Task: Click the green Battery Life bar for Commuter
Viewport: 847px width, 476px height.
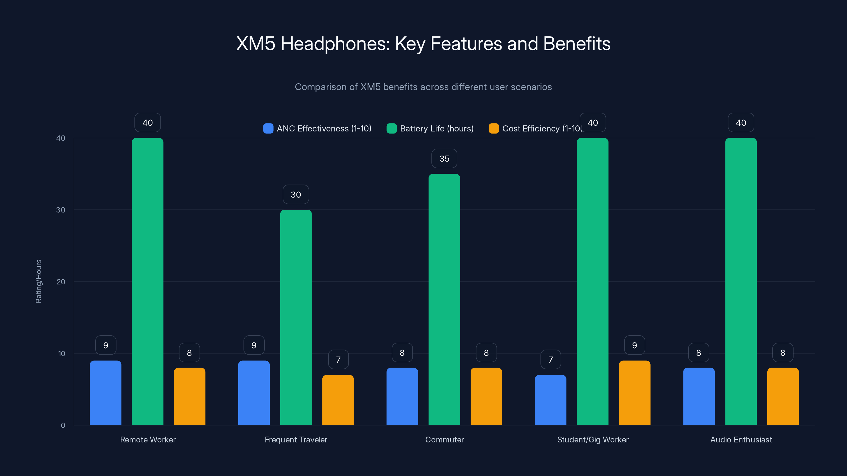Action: [x=444, y=299]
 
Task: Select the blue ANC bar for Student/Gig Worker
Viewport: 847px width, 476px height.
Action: [x=551, y=400]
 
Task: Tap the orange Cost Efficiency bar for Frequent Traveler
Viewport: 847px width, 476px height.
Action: [x=338, y=400]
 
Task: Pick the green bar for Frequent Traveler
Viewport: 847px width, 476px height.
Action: [x=296, y=317]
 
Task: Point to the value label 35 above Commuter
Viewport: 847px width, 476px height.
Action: [x=444, y=159]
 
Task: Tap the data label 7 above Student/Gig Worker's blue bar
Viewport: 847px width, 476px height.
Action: [x=551, y=359]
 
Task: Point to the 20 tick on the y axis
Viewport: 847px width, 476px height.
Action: [x=61, y=282]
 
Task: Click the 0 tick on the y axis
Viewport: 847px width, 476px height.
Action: [x=63, y=425]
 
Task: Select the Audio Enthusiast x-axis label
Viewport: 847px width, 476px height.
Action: [x=741, y=440]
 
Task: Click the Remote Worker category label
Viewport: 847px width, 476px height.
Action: [x=148, y=440]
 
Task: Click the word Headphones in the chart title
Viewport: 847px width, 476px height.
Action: [x=335, y=44]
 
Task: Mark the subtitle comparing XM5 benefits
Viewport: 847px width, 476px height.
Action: [x=423, y=87]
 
